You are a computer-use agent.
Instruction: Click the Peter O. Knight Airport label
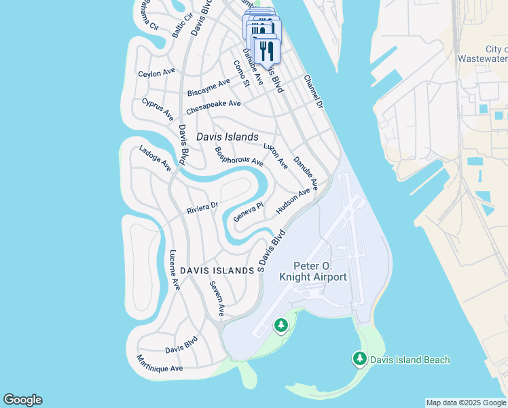[x=313, y=271]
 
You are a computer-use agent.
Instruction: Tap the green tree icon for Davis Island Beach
[x=359, y=358]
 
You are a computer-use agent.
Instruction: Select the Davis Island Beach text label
[x=410, y=360]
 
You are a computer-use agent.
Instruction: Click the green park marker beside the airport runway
[x=281, y=326]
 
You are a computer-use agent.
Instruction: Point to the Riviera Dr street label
[x=202, y=208]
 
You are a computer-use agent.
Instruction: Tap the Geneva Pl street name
[x=249, y=212]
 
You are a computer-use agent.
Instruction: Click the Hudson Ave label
[x=293, y=202]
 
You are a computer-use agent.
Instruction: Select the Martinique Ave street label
[x=160, y=363]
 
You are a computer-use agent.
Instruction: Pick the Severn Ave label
[x=217, y=299]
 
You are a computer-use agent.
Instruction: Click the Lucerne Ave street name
[x=174, y=270]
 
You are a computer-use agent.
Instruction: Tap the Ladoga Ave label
[x=155, y=158]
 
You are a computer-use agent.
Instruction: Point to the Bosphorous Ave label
[x=238, y=157]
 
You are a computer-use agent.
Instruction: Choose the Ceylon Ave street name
[x=157, y=71]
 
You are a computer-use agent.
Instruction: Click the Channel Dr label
[x=313, y=90]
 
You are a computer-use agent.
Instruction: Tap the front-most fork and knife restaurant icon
[x=267, y=51]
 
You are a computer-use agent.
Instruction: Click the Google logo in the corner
[x=22, y=400]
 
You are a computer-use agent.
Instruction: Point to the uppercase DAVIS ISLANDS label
[x=216, y=271]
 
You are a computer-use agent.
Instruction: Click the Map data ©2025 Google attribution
[x=465, y=403]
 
